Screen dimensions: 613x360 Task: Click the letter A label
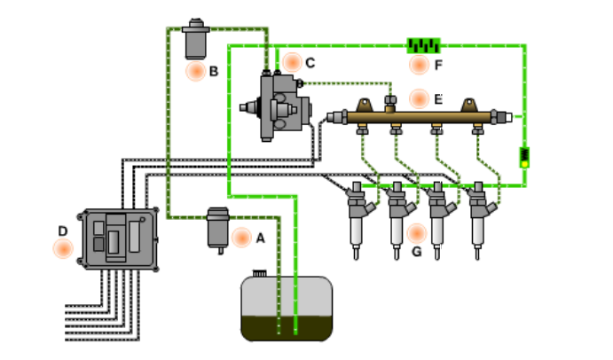(x=260, y=238)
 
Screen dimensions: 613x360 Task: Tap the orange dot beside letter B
(x=196, y=71)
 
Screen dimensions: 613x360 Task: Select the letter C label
(x=310, y=63)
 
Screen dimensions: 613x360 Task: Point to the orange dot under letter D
(x=63, y=248)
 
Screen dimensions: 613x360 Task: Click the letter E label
(x=438, y=99)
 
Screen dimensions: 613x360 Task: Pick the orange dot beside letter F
(x=419, y=65)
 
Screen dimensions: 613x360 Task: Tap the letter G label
(x=417, y=252)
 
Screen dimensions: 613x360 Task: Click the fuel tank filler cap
(x=259, y=273)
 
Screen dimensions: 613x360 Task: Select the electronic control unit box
(x=118, y=239)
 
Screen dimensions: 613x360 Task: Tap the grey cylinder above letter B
(x=196, y=39)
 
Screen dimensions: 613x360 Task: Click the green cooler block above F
(x=423, y=46)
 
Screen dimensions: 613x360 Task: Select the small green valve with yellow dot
(x=524, y=158)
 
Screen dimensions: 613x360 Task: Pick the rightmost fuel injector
(x=480, y=220)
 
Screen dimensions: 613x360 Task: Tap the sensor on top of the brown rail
(x=390, y=104)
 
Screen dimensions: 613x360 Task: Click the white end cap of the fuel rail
(x=507, y=117)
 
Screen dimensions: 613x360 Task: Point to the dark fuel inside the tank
(x=287, y=328)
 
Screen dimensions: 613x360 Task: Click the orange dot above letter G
(x=417, y=233)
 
